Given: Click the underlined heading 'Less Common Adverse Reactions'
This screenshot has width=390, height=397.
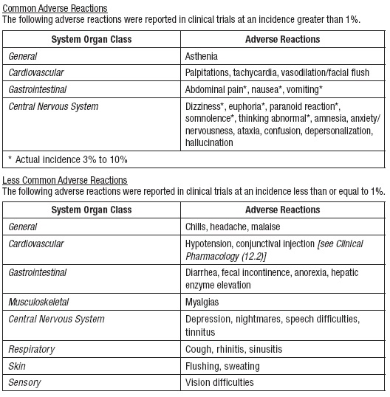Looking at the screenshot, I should pyautogui.click(x=64, y=180).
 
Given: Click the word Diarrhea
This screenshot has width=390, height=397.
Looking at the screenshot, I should pyautogui.click(x=205, y=272).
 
